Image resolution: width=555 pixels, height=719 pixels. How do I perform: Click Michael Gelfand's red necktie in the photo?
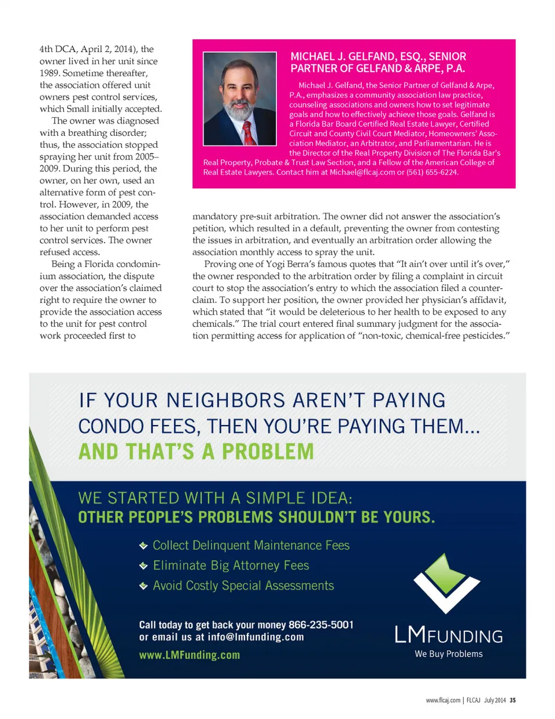click(x=247, y=132)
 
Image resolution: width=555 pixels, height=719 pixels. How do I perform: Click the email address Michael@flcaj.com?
click(x=362, y=172)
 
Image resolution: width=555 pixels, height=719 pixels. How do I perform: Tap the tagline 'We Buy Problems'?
click(x=449, y=654)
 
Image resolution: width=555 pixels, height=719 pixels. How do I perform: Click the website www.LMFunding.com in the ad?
click(x=189, y=655)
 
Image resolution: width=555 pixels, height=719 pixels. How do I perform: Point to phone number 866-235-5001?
click(x=321, y=625)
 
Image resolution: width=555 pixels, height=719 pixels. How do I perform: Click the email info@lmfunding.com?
click(x=256, y=637)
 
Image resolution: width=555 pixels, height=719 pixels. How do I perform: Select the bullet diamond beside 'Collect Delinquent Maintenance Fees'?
click(x=143, y=546)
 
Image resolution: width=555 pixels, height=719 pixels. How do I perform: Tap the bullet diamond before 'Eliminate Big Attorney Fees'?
click(x=143, y=566)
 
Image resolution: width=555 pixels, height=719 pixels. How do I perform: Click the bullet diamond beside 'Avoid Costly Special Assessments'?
click(x=143, y=586)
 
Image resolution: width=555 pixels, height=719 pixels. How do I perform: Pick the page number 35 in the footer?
click(x=512, y=700)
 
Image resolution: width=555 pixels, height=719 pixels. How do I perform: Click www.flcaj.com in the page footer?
click(x=443, y=700)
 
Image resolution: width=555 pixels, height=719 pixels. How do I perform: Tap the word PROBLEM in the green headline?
click(x=268, y=452)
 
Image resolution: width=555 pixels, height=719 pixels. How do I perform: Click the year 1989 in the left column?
click(x=49, y=73)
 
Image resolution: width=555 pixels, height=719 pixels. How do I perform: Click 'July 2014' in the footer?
click(x=495, y=700)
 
